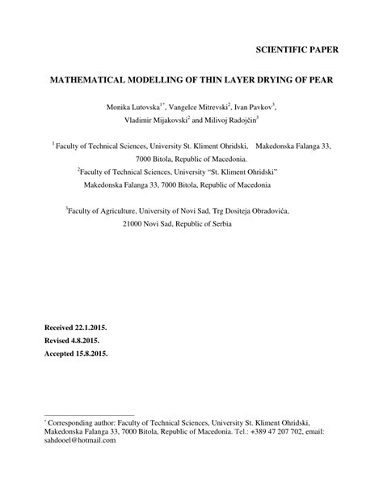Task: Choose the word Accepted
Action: (x=61, y=354)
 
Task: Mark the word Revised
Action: (x=57, y=341)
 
